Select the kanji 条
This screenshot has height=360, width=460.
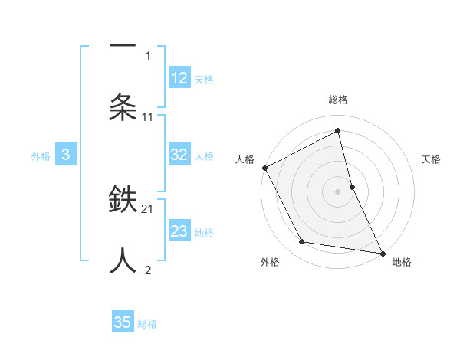click(x=123, y=108)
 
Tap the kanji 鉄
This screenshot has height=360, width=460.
click(x=123, y=201)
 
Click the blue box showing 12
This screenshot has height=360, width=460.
click(x=179, y=78)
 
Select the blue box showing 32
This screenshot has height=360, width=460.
click(x=179, y=155)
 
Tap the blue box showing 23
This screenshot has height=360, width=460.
click(x=179, y=231)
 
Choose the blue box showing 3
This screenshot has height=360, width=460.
click(x=66, y=155)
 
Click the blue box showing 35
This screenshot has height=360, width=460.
click(x=123, y=322)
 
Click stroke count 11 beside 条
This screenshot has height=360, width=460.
click(x=148, y=117)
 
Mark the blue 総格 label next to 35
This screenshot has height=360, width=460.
click(x=147, y=324)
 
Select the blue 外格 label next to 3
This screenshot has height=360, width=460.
click(x=41, y=156)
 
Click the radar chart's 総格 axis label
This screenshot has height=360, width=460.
click(x=338, y=100)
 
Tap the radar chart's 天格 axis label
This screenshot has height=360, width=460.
click(x=432, y=159)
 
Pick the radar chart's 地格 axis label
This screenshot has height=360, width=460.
click(x=402, y=262)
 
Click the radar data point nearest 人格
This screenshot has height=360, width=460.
click(x=264, y=168)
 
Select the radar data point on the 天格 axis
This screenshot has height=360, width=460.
click(x=352, y=187)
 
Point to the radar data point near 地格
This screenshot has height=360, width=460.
click(x=382, y=253)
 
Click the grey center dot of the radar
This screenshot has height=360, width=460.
click(x=338, y=191)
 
